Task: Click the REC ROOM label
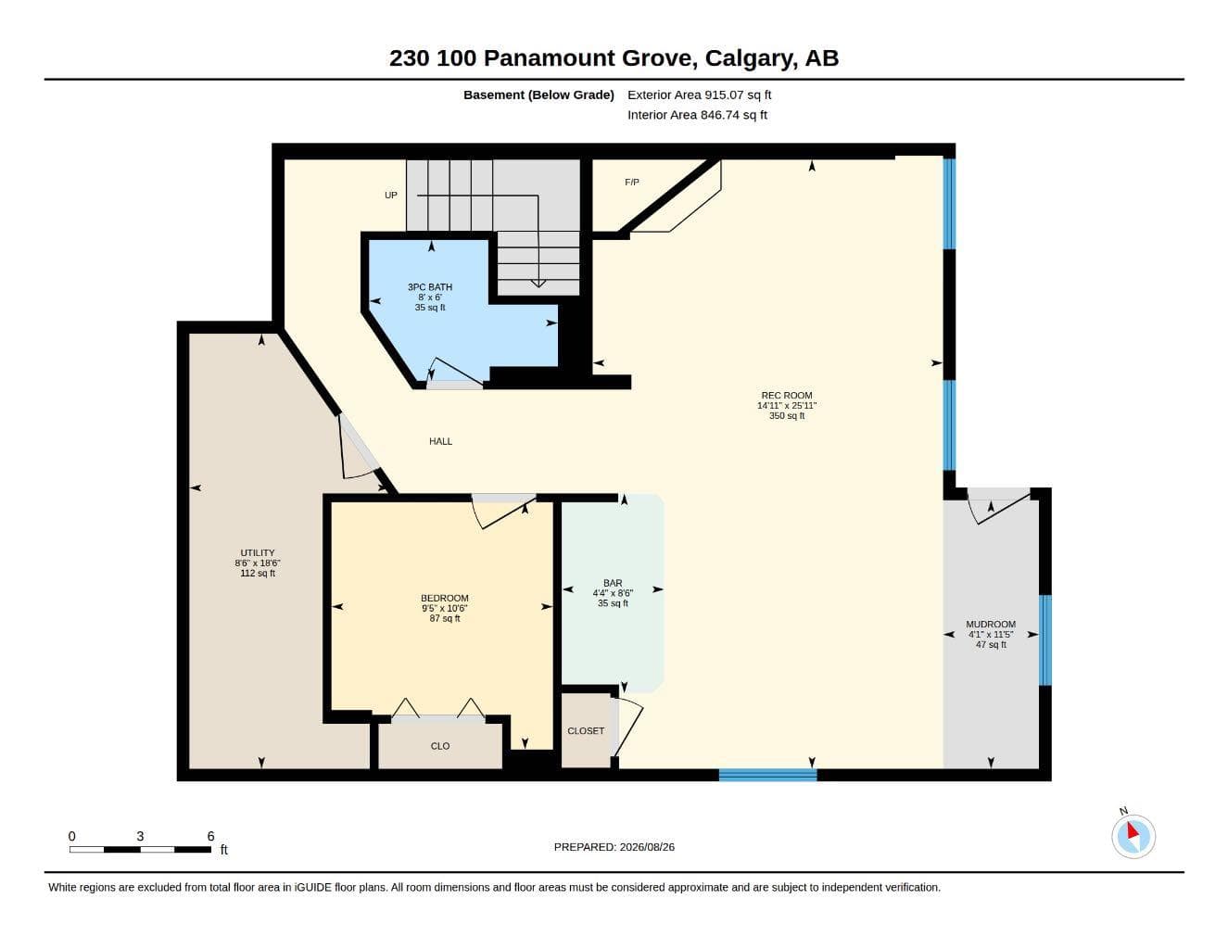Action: coord(787,396)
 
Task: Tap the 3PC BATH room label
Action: coord(430,287)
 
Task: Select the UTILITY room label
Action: coord(258,553)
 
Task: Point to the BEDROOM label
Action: coord(445,598)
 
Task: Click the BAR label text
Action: coord(613,583)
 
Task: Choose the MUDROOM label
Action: coord(991,625)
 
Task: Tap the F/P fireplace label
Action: coord(632,183)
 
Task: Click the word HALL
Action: coord(441,442)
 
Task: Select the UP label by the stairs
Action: coord(391,196)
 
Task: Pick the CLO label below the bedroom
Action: coord(440,746)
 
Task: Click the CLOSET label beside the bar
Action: coord(586,731)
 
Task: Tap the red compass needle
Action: coord(1133,830)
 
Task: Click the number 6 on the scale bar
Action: coord(210,836)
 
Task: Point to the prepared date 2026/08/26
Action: coord(647,847)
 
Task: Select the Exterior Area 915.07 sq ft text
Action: coord(699,95)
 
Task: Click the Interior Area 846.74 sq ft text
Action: coord(697,115)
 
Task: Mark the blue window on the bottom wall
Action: coord(768,775)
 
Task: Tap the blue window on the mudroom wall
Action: coord(1045,640)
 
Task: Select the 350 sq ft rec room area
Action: coord(787,416)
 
